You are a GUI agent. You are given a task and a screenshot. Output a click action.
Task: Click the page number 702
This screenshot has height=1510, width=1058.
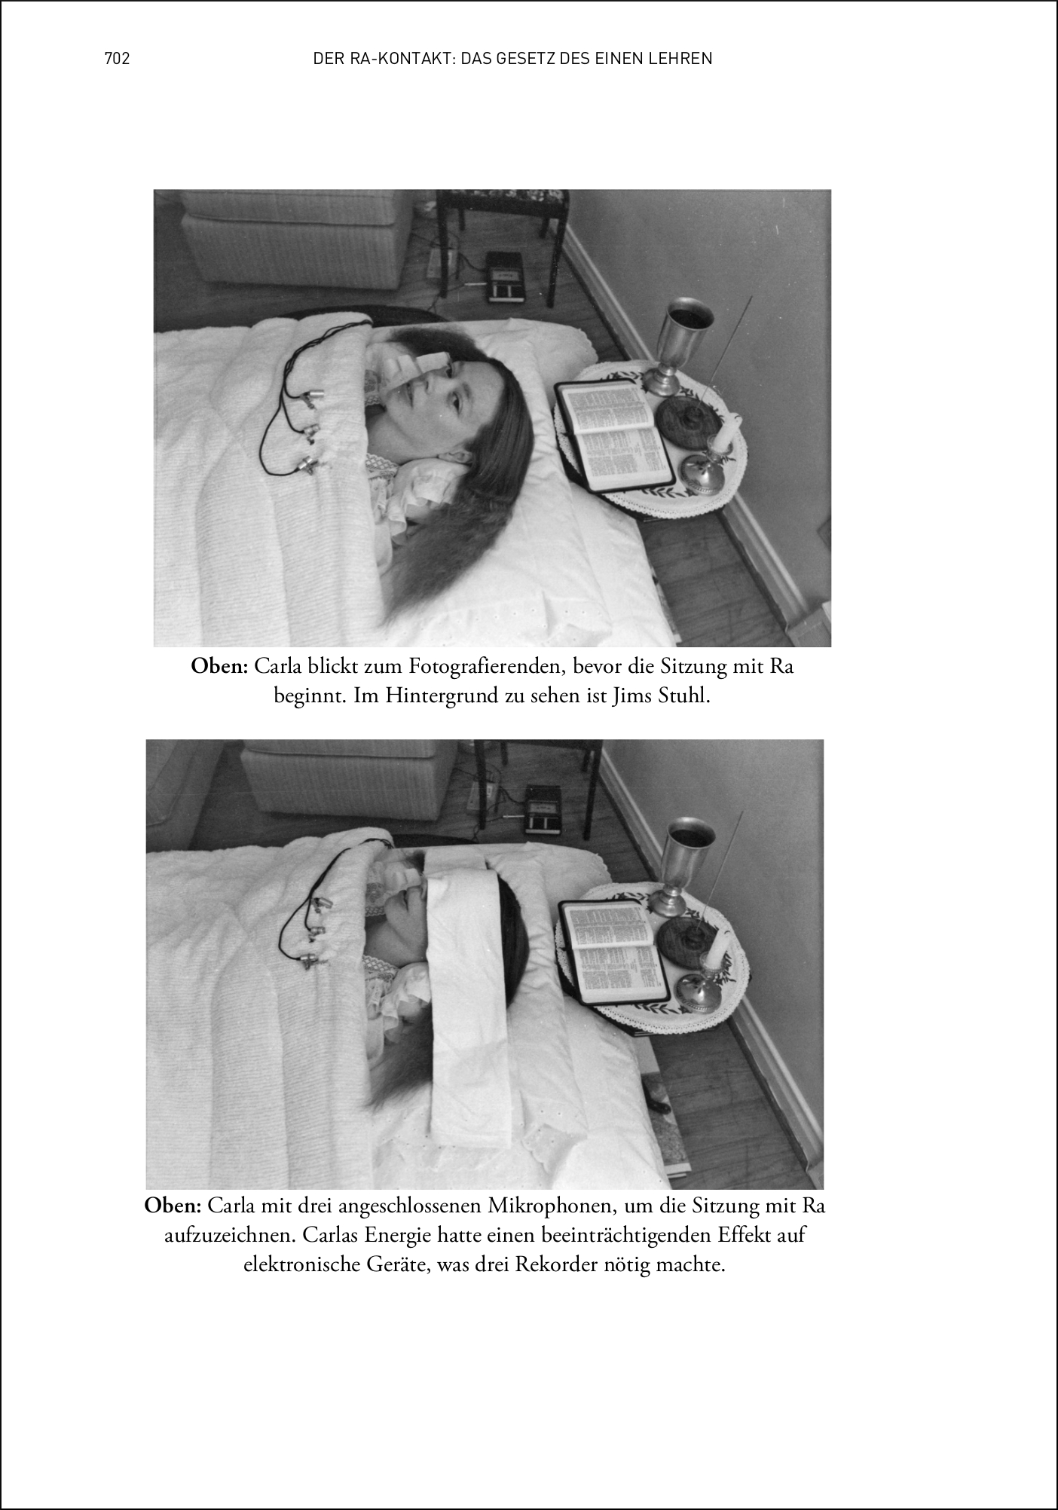[118, 59]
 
